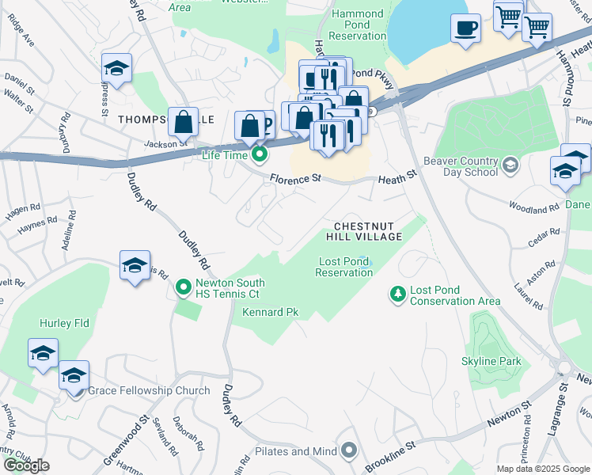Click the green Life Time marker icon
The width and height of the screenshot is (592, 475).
[257, 153]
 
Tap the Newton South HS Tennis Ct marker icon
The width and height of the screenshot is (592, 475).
[184, 287]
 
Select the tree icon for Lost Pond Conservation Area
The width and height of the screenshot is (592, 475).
[397, 294]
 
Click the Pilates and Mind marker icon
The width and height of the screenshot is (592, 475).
[349, 451]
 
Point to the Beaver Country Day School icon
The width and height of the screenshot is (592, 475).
[510, 165]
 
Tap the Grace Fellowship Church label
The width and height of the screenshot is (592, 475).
[149, 390]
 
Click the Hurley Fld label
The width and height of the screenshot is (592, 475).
[64, 323]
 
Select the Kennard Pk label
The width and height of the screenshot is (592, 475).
[270, 312]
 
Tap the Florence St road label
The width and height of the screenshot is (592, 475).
[294, 180]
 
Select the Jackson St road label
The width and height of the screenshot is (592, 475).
[165, 143]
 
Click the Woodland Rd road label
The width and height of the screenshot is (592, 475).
[534, 210]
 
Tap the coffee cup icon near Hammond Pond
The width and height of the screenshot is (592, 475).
[465, 28]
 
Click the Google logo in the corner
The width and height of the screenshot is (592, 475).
[26, 465]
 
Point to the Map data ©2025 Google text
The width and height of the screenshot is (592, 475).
[542, 469]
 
